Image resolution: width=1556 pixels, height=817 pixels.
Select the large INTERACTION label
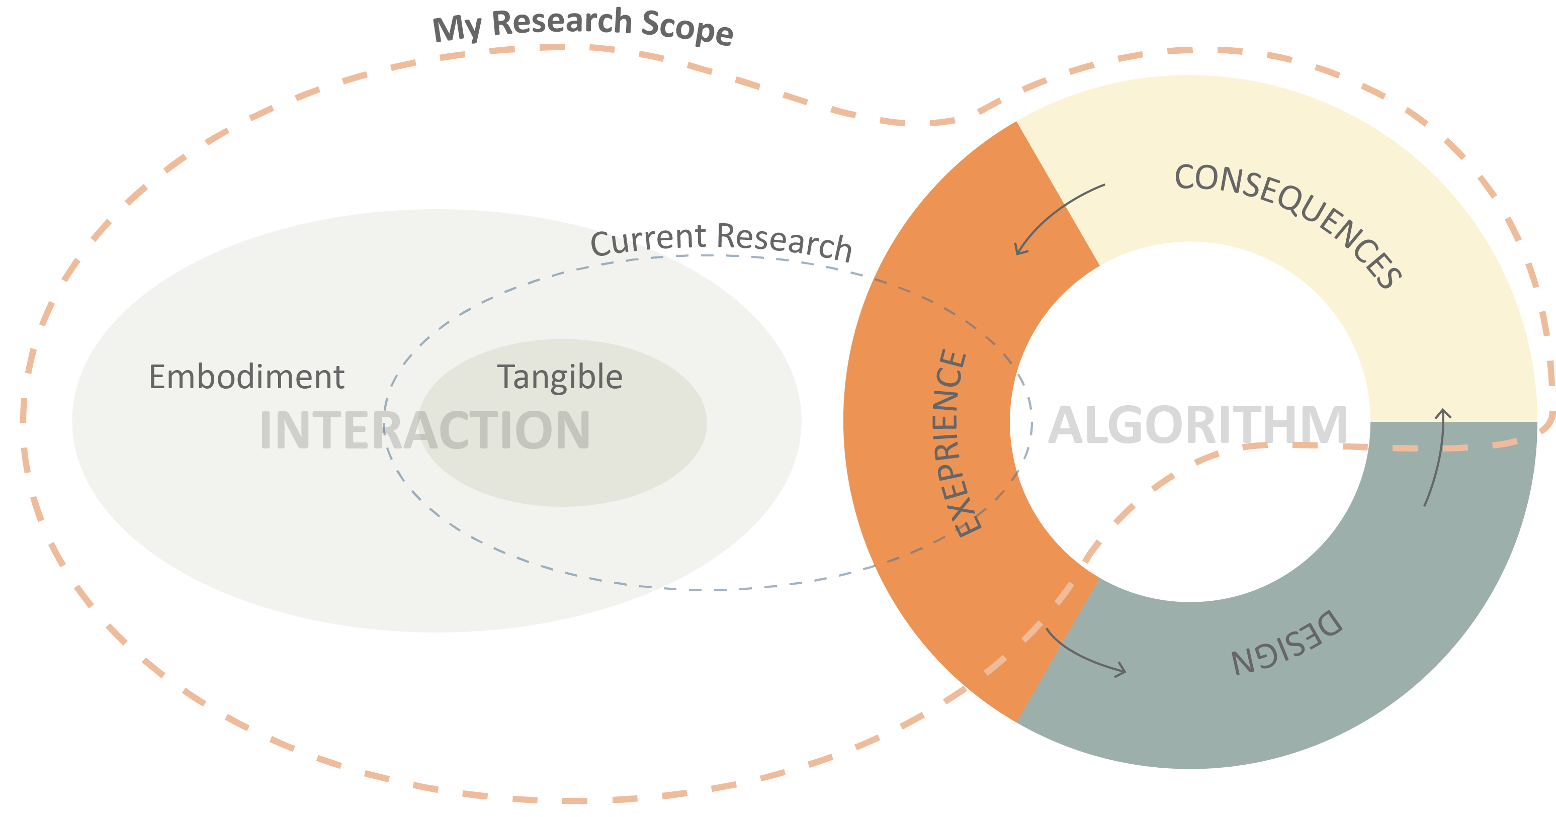coord(424,430)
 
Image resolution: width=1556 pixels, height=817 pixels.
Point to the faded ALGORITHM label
coord(1198,426)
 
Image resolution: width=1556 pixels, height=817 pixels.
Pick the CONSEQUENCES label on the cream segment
coord(1286,223)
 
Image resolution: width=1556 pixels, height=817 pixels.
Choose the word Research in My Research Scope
coord(562,22)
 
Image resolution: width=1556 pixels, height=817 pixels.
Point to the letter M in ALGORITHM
coord(1324,426)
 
